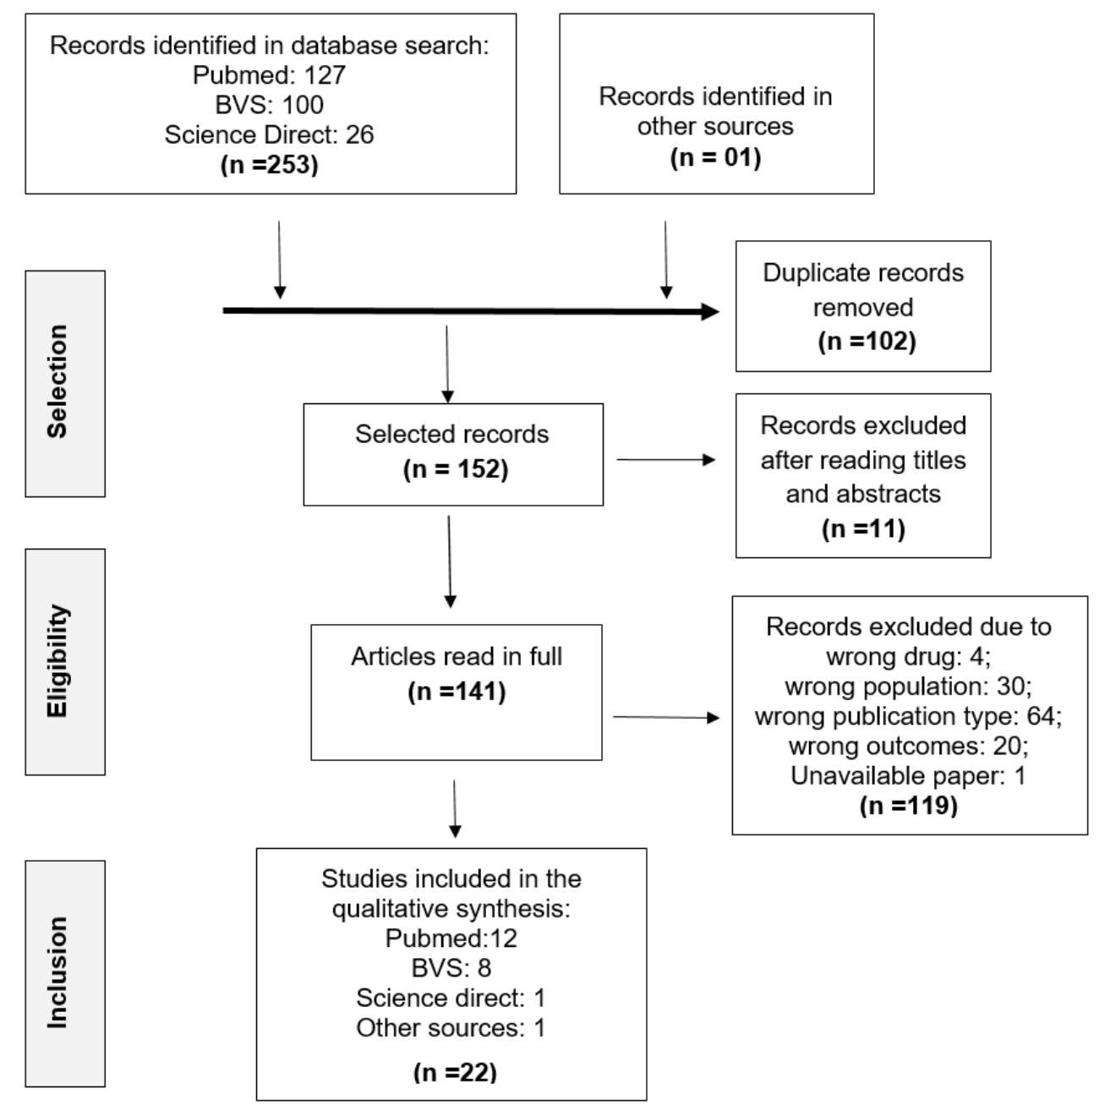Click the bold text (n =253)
pos(269,164)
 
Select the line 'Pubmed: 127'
pos(269,75)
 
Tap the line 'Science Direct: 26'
pos(269,134)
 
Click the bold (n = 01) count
pos(715,157)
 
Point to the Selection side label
pos(57,382)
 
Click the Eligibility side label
pos(57,661)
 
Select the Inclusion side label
pos(57,972)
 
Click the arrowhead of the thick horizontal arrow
pos(710,312)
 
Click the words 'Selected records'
pos(451,434)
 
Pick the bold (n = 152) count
pos(456,469)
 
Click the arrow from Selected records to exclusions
pos(665,460)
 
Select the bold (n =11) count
pos(863,528)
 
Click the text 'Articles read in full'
pos(457,656)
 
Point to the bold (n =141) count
pos(456,691)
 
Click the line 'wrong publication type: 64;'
pos(908,716)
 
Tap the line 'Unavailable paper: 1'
pos(908,775)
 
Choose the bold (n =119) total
pos(908,805)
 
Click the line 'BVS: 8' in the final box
pos(451,967)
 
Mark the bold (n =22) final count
pos(455,1072)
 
